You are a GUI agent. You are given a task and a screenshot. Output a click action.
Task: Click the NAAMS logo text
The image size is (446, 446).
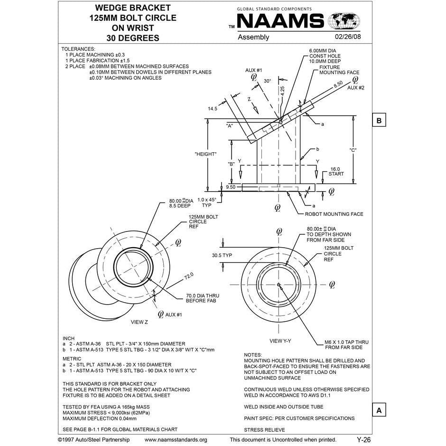coord(280,21)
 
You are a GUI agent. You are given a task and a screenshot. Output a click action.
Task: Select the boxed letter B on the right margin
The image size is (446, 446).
coord(379,121)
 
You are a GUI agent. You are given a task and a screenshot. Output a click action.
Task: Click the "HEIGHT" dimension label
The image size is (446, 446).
coord(205,154)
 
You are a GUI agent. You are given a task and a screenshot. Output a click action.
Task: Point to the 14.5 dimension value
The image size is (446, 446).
coord(212,109)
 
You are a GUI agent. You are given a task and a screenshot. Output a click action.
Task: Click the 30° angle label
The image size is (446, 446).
coord(268,81)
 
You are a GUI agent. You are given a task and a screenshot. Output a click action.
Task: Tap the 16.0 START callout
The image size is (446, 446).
coord(336,171)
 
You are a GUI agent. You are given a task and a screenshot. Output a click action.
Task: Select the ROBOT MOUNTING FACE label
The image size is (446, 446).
coord(334,214)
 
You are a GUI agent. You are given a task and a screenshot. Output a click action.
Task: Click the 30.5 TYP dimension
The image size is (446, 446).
coord(222,255)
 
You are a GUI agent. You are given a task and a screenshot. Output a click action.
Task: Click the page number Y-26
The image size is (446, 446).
coord(363,440)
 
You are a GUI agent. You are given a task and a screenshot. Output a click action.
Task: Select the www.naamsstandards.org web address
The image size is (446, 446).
coord(176,440)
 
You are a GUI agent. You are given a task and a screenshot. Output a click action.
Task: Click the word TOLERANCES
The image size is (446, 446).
coord(79,49)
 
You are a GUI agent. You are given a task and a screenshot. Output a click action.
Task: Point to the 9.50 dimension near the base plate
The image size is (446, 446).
coord(231,187)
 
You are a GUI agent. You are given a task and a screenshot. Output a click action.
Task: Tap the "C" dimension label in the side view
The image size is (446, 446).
coord(353,150)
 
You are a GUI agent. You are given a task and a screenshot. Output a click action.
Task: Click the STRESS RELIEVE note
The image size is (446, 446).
coord(264,430)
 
